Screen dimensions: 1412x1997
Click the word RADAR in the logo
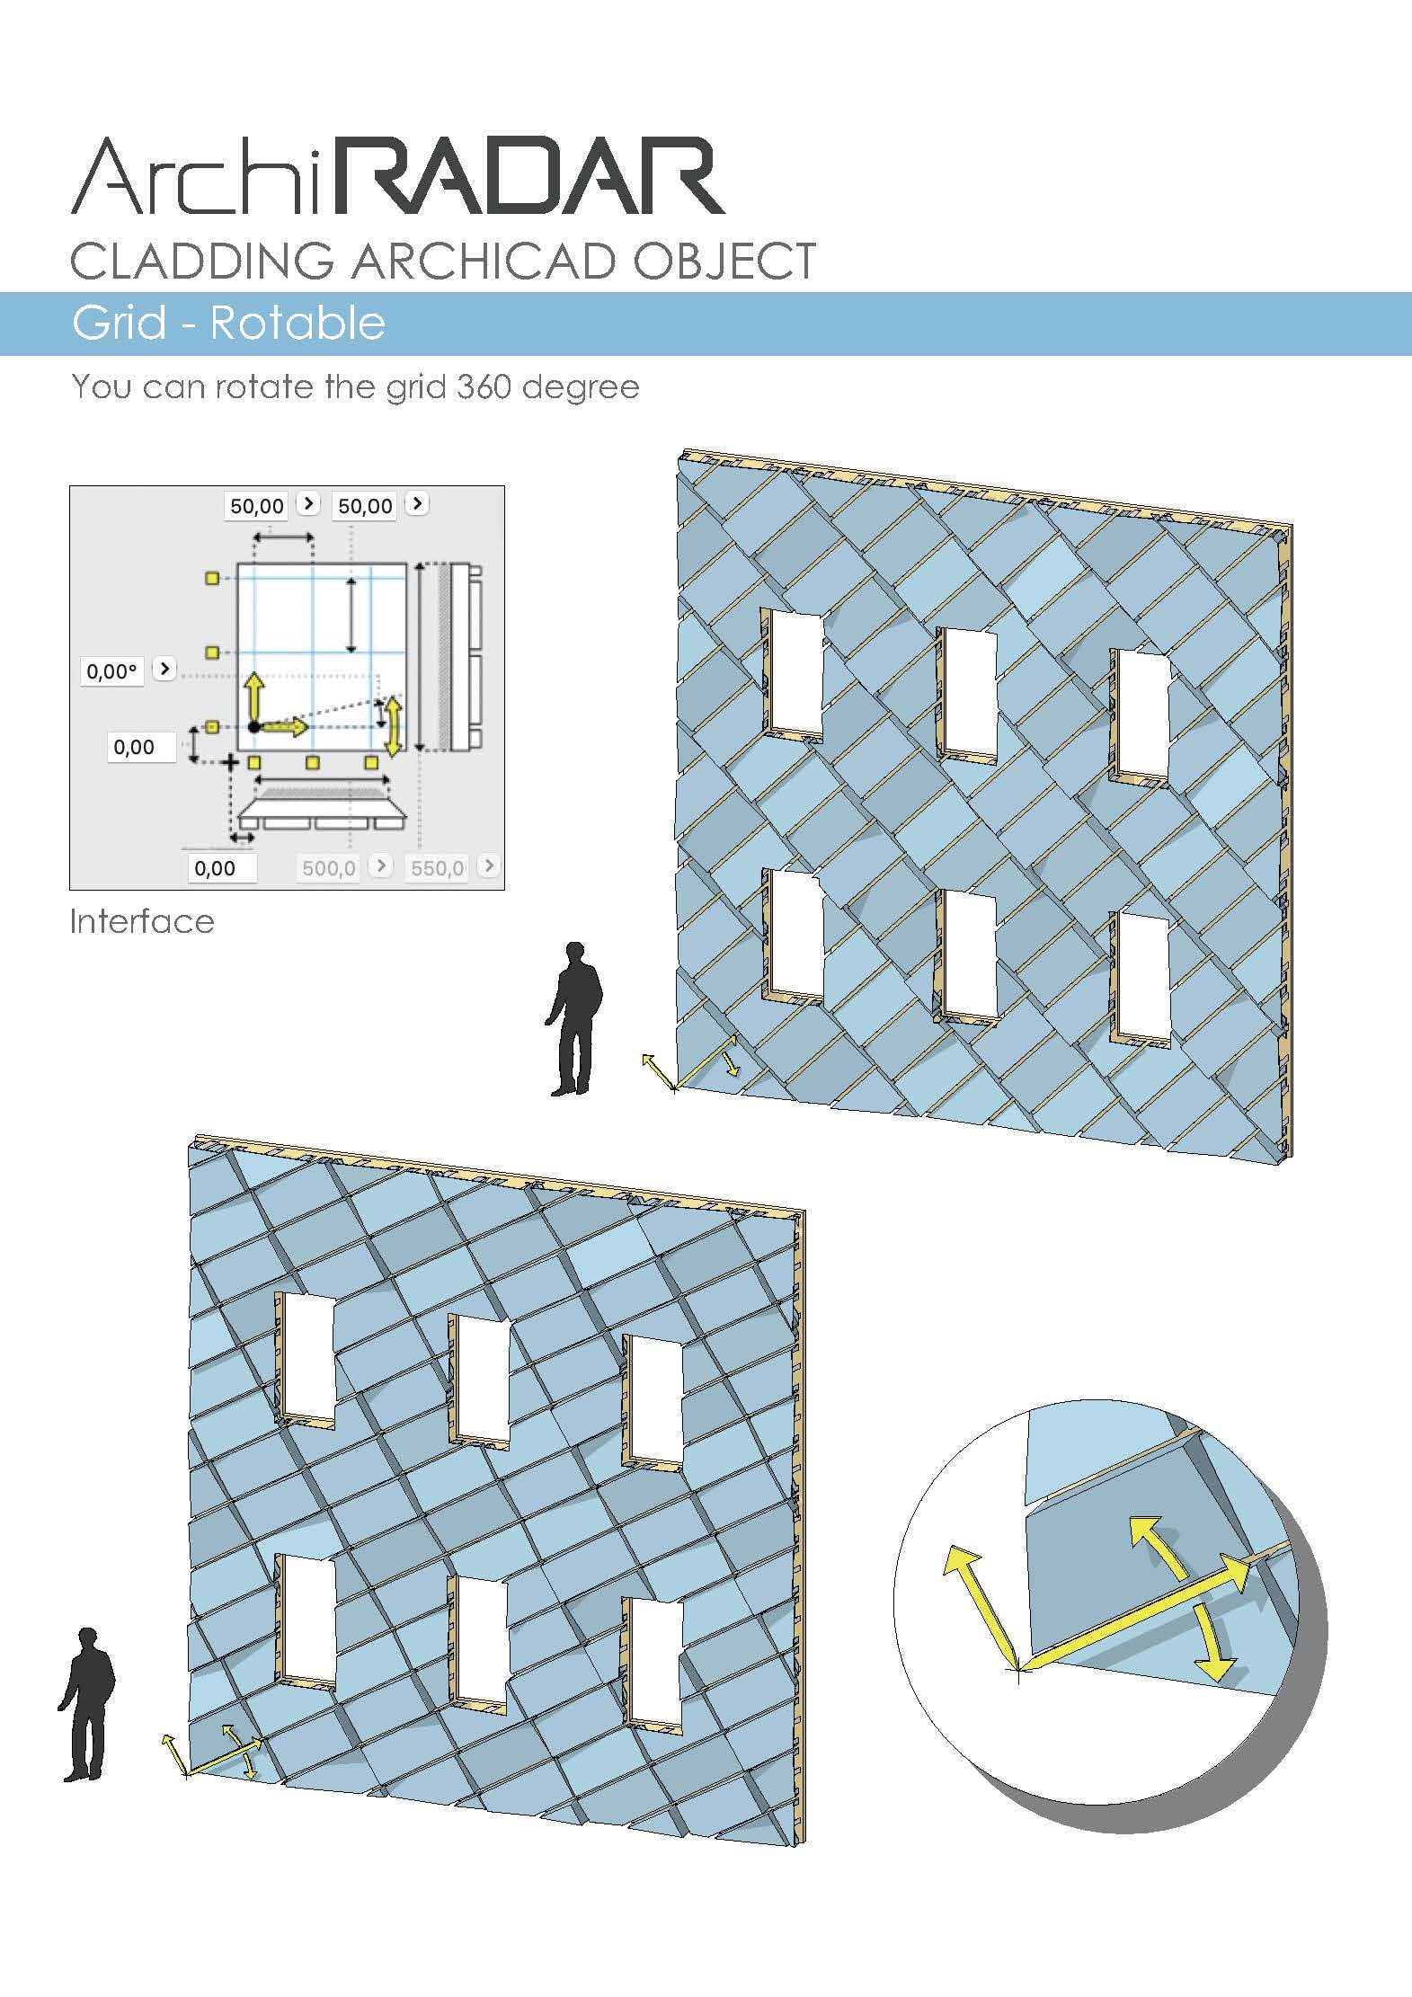(528, 176)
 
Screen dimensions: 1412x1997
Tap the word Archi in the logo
(195, 176)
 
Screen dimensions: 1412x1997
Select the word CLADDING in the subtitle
(202, 261)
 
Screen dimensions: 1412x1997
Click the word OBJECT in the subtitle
(724, 261)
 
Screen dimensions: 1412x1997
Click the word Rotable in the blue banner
(297, 323)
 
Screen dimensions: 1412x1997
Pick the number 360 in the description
(484, 387)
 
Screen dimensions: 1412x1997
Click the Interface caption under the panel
(142, 921)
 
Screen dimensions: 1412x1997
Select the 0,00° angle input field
(112, 671)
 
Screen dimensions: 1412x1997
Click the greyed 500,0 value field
(328, 868)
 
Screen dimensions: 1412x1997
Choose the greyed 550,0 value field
(437, 868)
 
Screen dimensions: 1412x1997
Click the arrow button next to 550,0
(488, 865)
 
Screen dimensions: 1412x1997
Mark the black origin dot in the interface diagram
(254, 726)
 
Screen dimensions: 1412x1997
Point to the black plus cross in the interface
(231, 763)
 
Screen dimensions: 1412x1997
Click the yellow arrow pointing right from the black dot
(285, 726)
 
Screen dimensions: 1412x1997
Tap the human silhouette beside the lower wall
(87, 1704)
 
